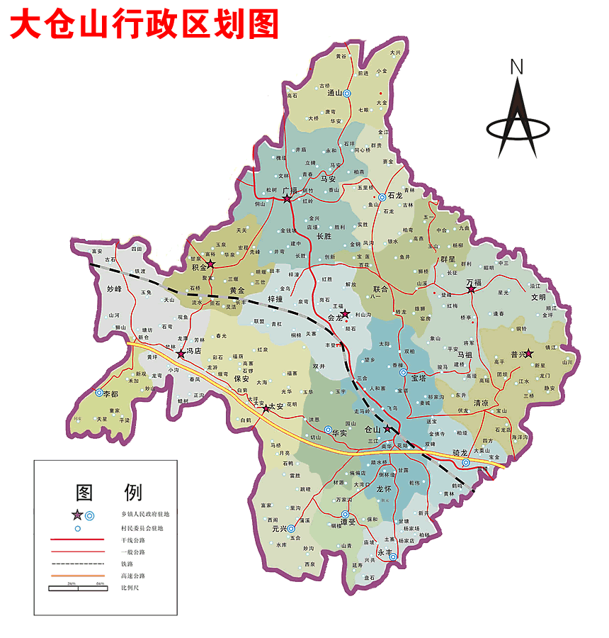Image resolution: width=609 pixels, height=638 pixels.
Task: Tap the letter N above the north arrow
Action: pos(517,67)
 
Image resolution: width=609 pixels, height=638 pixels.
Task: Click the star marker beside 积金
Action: pos(210,264)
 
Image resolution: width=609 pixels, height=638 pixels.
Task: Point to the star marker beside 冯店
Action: pos(181,352)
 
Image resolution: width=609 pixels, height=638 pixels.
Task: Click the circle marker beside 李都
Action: pos(98,392)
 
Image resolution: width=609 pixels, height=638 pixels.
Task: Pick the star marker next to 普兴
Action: pos(528,352)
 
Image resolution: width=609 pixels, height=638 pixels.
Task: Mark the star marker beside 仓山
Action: pos(387,429)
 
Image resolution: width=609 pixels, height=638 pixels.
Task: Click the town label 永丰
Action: pos(385,552)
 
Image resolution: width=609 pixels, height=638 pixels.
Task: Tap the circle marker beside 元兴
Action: pos(291,528)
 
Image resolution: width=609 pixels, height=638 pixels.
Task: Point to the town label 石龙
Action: pos(394,196)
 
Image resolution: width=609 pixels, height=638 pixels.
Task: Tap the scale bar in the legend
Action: pos(76,588)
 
